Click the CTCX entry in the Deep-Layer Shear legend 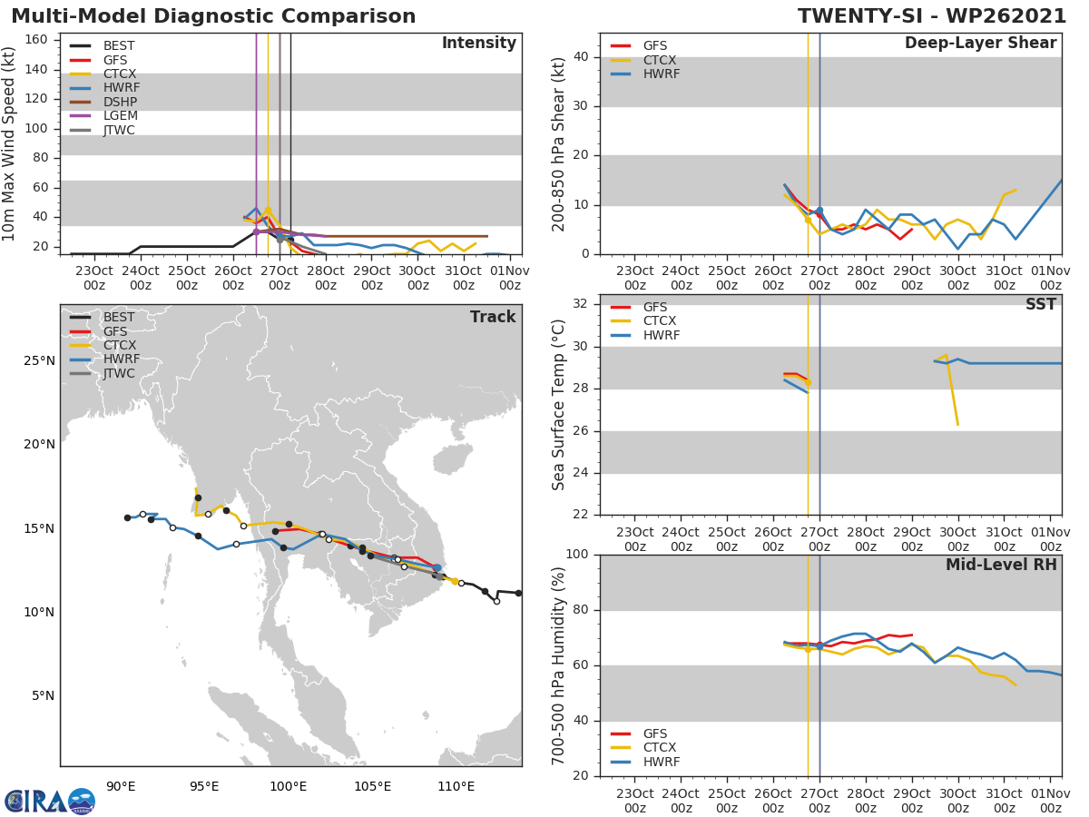[x=659, y=60]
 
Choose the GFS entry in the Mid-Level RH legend [x=659, y=733]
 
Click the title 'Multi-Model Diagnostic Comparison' [x=213, y=16]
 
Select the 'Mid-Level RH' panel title [x=1001, y=565]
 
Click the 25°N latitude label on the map [x=39, y=360]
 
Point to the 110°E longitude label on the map [x=456, y=785]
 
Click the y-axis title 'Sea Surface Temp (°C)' [x=559, y=405]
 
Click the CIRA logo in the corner [x=49, y=801]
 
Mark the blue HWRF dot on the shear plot [x=819, y=211]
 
